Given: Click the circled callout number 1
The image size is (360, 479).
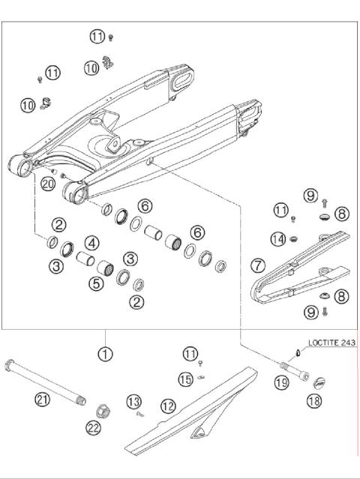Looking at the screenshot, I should (106, 352).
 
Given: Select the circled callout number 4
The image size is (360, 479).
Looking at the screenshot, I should (91, 243).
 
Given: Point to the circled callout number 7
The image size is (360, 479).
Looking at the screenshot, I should (257, 265).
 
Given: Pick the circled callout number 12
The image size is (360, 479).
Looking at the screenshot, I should (169, 406).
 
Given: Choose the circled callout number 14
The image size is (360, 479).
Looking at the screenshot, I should (278, 240).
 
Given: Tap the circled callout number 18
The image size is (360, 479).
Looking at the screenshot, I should (313, 402).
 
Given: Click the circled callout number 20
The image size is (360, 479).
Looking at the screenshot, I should (48, 183).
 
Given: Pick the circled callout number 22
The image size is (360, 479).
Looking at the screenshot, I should (94, 427).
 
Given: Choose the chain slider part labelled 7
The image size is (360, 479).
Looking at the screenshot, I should (300, 270).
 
